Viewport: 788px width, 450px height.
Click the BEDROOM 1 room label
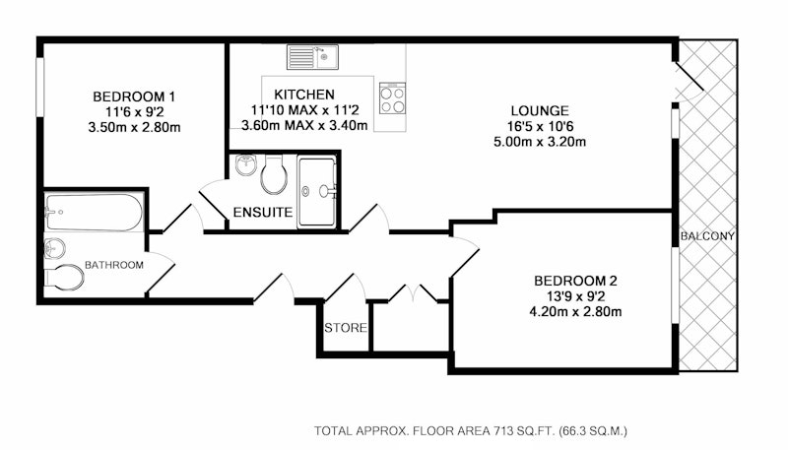(134, 96)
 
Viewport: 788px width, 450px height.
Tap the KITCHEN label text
(304, 95)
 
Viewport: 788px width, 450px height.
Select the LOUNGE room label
(540, 111)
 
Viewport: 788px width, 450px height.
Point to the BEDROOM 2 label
(575, 281)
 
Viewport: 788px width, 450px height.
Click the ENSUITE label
(263, 213)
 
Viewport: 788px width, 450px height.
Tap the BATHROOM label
(114, 265)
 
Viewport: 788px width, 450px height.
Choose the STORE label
(346, 328)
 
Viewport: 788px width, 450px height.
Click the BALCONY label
(707, 236)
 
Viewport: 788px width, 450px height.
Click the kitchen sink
(312, 57)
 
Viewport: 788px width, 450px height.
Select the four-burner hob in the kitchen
(392, 98)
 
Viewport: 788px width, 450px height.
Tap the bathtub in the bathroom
(94, 213)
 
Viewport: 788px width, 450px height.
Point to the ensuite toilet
(274, 173)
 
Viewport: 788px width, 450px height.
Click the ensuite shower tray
(316, 191)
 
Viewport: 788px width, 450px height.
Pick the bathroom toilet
(64, 278)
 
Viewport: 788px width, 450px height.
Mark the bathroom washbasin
(54, 248)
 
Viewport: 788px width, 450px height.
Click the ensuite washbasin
(245, 165)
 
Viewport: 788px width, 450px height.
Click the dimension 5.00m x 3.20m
(540, 142)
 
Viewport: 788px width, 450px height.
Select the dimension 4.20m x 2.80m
(575, 312)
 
